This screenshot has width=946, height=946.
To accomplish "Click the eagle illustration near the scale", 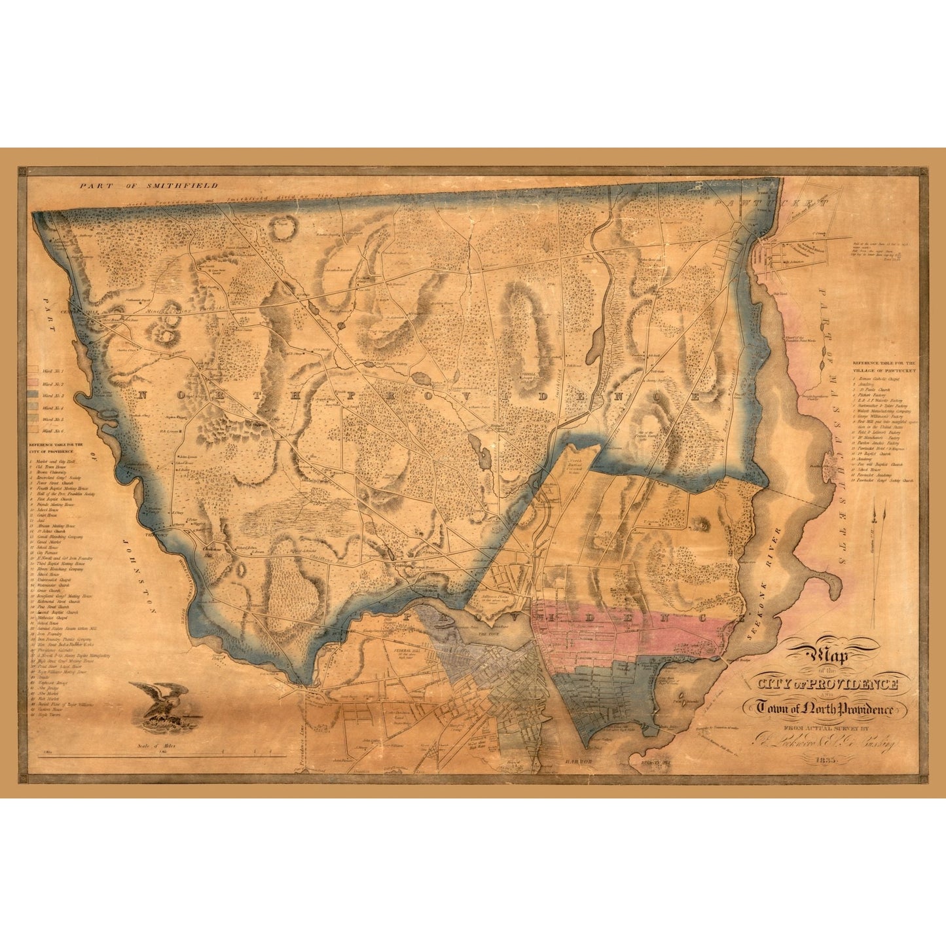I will [159, 701].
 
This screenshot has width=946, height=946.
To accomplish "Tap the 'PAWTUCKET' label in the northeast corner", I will [780, 204].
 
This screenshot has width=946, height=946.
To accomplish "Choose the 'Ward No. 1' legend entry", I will [52, 371].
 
